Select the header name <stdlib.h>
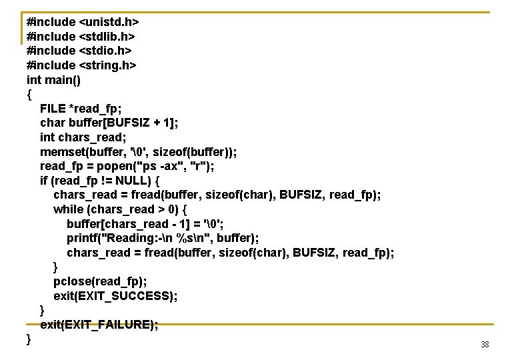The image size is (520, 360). pyautogui.click(x=107, y=36)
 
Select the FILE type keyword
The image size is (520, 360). pyautogui.click(x=53, y=109)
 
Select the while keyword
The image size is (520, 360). pyautogui.click(x=69, y=209)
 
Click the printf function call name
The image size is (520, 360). pyautogui.click(x=83, y=239)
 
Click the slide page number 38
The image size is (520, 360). pyautogui.click(x=485, y=345)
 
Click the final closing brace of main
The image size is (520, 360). pyautogui.click(x=29, y=339)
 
